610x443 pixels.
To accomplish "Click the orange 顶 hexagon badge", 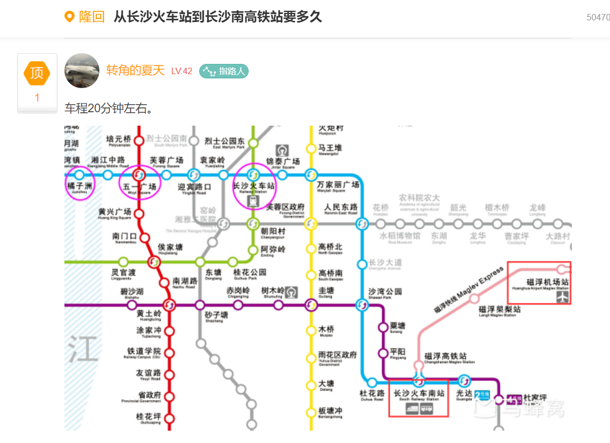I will click(37, 73).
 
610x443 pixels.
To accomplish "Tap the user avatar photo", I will click(82, 70).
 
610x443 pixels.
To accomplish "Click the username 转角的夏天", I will click(135, 70).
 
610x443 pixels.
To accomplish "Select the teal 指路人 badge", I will click(224, 71).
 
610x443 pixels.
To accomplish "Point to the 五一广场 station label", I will click(140, 187).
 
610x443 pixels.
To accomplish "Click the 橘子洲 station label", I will click(79, 186).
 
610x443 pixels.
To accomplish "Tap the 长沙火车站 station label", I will click(253, 186).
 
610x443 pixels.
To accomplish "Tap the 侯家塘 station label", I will click(170, 247).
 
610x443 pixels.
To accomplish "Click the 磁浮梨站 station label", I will click(499, 310).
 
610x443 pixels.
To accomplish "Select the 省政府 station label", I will click(149, 396).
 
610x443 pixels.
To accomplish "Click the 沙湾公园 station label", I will click(385, 292).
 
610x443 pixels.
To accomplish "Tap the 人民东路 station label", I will click(341, 207).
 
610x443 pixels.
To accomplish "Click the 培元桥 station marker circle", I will click(139, 141).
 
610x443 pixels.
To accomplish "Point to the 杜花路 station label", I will click(372, 394).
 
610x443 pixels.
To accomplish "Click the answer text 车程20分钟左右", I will click(110, 108).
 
